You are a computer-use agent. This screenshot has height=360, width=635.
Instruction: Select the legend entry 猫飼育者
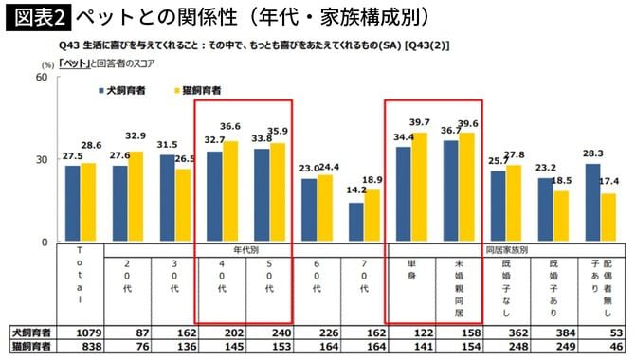[x=195, y=89]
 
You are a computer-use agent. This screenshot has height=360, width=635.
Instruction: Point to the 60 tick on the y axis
[x=42, y=76]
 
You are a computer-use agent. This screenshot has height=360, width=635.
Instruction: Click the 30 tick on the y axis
[x=42, y=159]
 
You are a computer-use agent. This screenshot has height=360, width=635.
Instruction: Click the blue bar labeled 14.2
[x=355, y=223]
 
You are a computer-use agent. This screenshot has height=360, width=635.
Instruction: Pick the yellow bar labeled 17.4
[x=608, y=218]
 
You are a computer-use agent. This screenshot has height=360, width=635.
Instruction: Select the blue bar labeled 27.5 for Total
[x=73, y=204]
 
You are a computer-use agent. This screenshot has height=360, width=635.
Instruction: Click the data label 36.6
[x=230, y=126]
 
